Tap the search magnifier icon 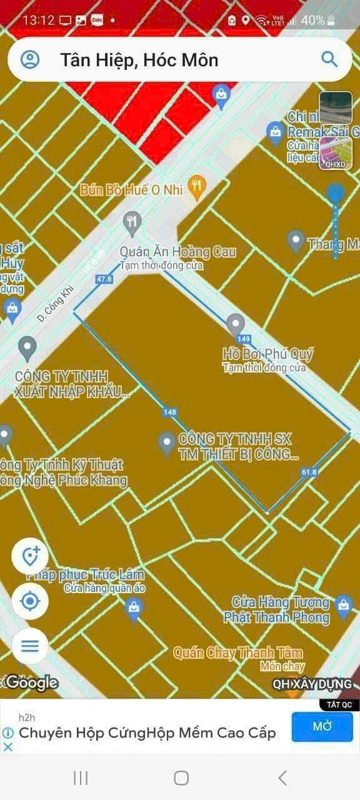(x=329, y=59)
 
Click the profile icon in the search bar (x=30, y=59)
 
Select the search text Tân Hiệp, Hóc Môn (x=139, y=60)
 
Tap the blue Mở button (x=322, y=726)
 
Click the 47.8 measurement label (x=104, y=279)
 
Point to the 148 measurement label (x=169, y=412)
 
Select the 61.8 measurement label (x=309, y=472)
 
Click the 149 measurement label (x=244, y=339)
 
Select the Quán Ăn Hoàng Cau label (x=177, y=252)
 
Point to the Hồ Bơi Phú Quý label (x=267, y=354)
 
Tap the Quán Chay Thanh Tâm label (x=237, y=653)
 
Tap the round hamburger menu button (x=30, y=646)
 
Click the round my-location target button (x=30, y=602)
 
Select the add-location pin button (x=30, y=556)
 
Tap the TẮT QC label (x=339, y=704)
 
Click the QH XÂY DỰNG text (x=312, y=684)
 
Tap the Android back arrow (x=282, y=777)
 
